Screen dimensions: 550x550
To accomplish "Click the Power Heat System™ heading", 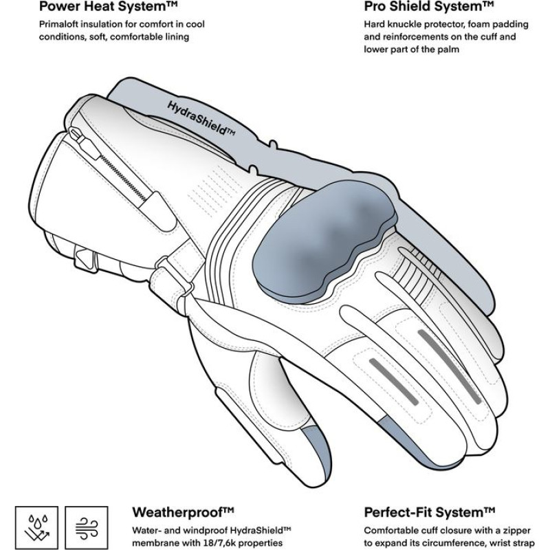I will click(x=96, y=7).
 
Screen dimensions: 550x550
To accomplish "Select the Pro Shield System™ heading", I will click(x=428, y=7).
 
